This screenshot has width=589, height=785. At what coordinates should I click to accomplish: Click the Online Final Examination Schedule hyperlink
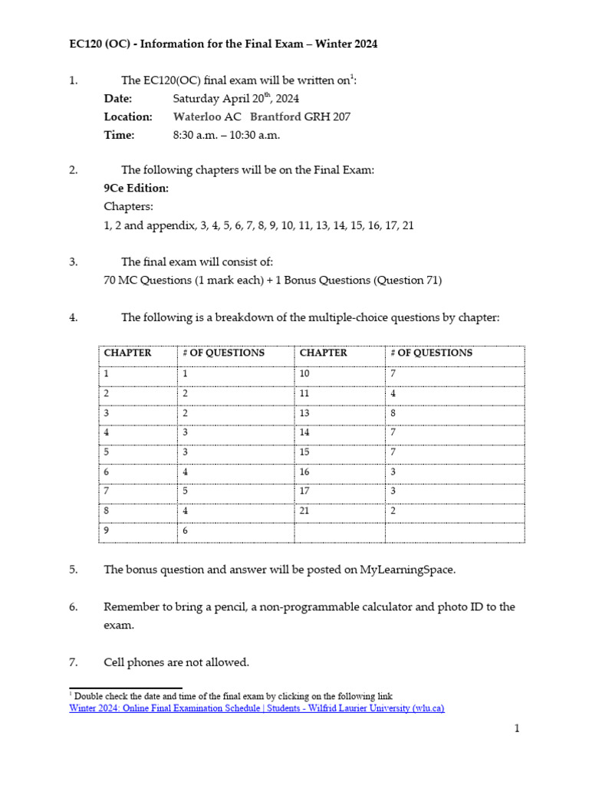(256, 708)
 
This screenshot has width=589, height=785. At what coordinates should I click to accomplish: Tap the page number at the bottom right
(517, 729)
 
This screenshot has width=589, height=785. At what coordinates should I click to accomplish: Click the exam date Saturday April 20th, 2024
(235, 98)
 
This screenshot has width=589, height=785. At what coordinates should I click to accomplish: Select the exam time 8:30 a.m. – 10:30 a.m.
(226, 135)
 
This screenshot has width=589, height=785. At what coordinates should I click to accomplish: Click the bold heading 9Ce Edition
(137, 189)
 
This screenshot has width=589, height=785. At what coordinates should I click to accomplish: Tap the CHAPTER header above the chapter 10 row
(323, 353)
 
